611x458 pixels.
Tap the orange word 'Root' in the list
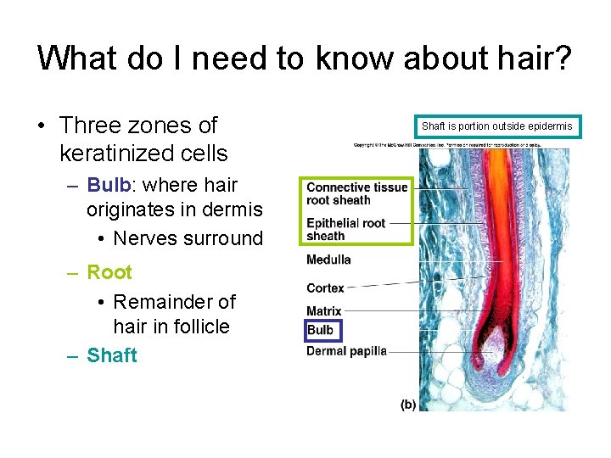(x=109, y=272)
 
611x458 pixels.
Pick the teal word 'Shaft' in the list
(x=111, y=355)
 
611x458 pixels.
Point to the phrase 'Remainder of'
(x=175, y=302)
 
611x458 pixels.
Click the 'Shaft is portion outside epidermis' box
(x=497, y=126)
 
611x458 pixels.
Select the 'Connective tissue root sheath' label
(x=356, y=193)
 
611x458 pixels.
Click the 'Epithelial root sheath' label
(x=345, y=229)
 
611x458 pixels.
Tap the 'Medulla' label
(x=328, y=260)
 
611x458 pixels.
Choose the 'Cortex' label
(x=325, y=288)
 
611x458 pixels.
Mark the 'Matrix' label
(x=324, y=311)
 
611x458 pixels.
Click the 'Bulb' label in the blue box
(x=321, y=330)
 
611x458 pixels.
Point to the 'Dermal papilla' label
(x=346, y=350)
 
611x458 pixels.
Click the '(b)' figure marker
(x=408, y=405)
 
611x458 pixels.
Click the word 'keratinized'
(x=143, y=154)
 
